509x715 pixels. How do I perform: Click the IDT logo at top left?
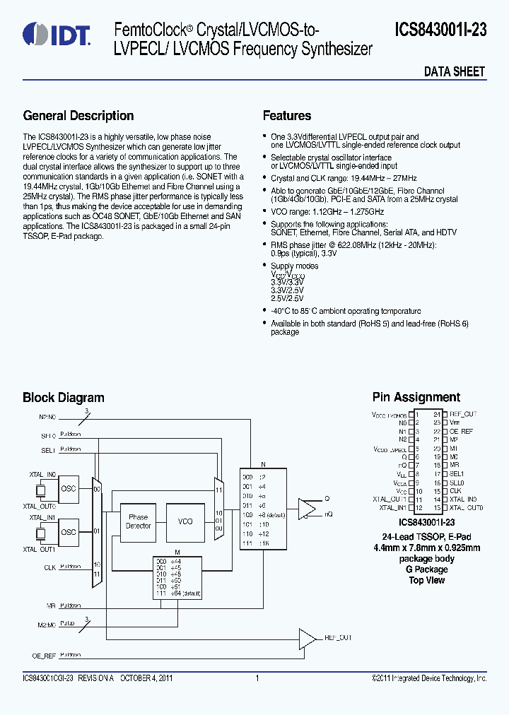click(56, 34)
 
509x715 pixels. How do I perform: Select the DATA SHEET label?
click(454, 71)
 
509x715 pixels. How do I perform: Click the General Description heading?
click(78, 116)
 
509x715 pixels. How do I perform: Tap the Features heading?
click(287, 116)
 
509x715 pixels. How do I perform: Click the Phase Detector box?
click(139, 521)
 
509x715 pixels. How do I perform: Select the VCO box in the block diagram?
click(185, 521)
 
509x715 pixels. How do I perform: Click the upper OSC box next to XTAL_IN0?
click(69, 488)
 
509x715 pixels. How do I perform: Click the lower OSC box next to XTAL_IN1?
click(69, 532)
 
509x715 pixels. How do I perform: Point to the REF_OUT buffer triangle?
click(307, 638)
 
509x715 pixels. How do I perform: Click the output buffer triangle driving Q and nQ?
click(307, 507)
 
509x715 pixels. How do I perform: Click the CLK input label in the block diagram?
click(49, 567)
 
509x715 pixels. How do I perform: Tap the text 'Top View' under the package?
click(426, 580)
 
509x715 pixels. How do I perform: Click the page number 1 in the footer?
click(257, 678)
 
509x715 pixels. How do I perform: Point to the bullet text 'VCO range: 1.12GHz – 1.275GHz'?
click(327, 211)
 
